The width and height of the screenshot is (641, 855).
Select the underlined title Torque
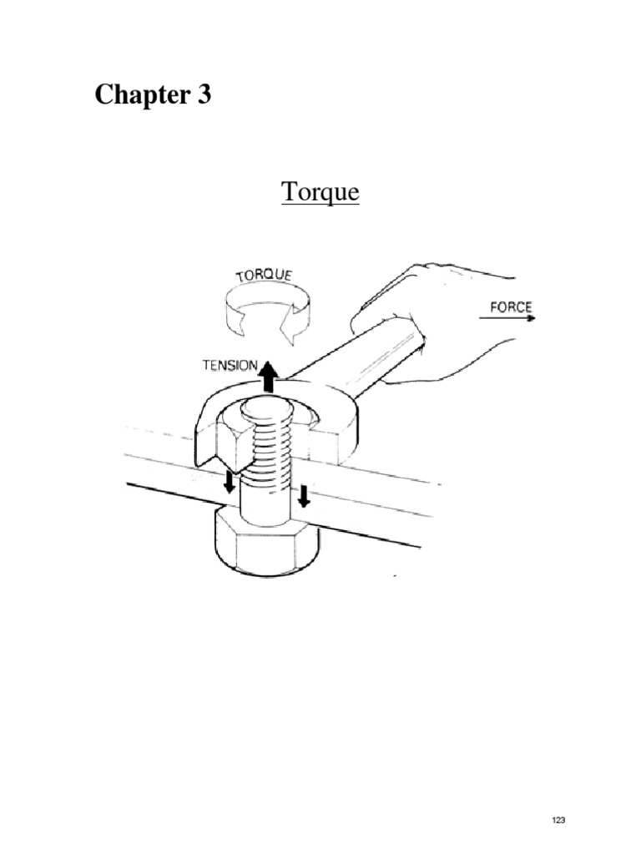[x=320, y=192]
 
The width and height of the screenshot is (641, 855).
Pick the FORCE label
[x=508, y=306]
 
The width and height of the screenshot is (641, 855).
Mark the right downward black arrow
[x=303, y=495]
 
